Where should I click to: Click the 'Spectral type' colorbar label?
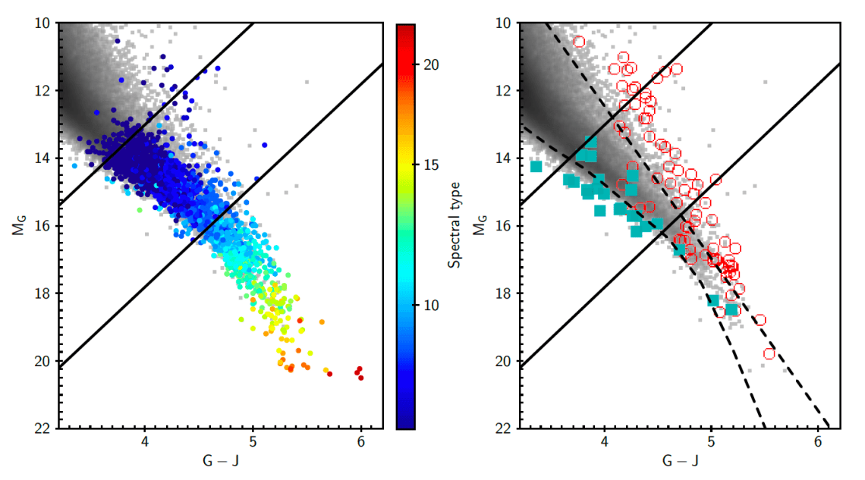click(455, 226)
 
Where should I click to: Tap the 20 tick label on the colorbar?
click(429, 65)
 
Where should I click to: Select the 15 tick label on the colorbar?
click(429, 185)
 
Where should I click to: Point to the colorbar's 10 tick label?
click(429, 305)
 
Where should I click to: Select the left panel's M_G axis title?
click(17, 225)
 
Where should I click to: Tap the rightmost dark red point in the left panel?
click(361, 377)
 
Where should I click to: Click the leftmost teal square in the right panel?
click(536, 166)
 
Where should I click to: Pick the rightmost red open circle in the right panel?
click(769, 353)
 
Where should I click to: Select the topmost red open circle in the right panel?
click(580, 42)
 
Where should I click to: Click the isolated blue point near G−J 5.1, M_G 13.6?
click(265, 145)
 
